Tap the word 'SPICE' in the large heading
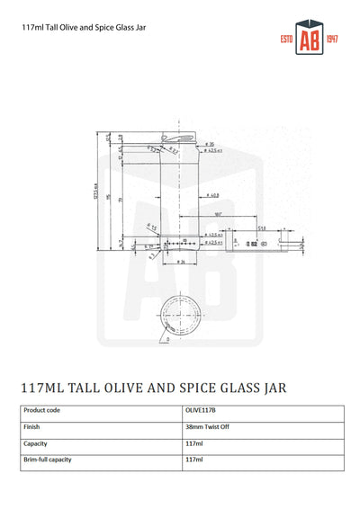click(195, 388)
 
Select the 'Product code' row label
click(44, 411)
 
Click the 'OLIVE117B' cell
click(202, 411)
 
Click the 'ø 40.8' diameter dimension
click(213, 195)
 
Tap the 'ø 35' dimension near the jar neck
click(208, 142)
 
